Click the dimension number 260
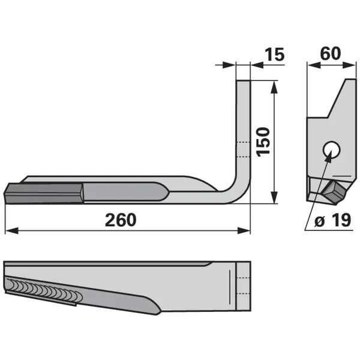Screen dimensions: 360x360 (121, 220)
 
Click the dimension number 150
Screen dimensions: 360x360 (263, 142)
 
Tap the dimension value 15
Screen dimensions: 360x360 (274, 55)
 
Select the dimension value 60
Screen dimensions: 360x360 (331, 53)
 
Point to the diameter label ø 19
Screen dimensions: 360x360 (332, 220)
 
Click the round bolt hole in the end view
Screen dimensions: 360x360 (331, 149)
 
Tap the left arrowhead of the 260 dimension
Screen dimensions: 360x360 (11, 230)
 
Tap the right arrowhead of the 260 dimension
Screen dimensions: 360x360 (244, 230)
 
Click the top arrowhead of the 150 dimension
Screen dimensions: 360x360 (274, 87)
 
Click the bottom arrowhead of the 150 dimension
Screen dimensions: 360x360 (274, 197)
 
